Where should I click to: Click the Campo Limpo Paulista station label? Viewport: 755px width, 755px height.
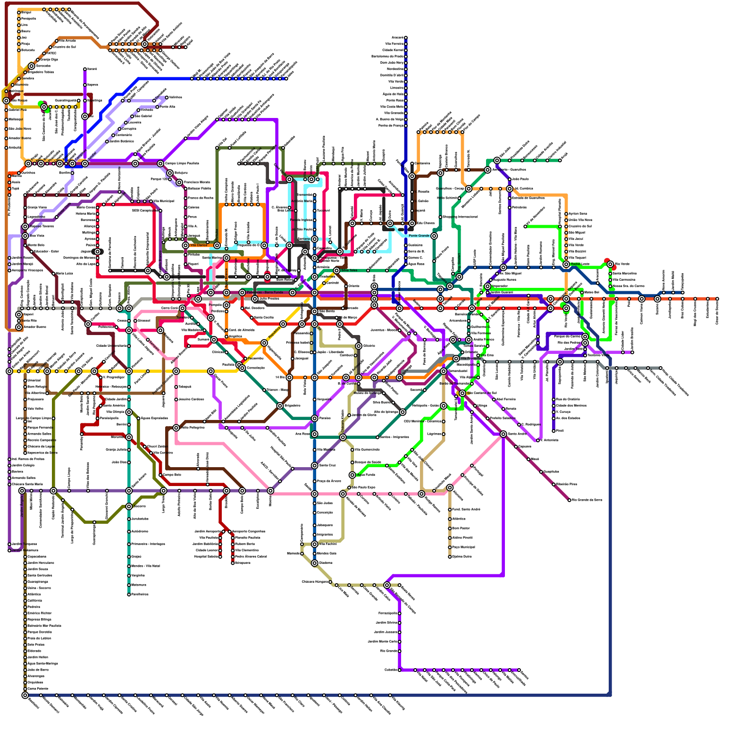[x=182, y=163]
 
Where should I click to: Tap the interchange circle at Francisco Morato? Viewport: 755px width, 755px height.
[x=179, y=182]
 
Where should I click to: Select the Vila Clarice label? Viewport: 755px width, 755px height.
[x=199, y=245]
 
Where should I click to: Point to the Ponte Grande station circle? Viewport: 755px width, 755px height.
[x=434, y=235]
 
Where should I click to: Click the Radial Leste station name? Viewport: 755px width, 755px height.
[x=580, y=264]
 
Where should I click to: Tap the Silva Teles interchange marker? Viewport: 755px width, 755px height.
[x=336, y=270]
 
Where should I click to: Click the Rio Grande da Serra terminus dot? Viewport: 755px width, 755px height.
[x=569, y=500]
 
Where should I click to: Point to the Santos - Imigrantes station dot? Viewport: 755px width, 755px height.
[x=377, y=437]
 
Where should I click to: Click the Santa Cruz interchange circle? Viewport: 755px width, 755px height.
[x=315, y=466]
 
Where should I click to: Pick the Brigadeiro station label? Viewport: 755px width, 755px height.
[x=293, y=406]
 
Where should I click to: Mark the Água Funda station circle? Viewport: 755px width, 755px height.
[x=352, y=475]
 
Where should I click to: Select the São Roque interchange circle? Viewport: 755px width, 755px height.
[x=6, y=101]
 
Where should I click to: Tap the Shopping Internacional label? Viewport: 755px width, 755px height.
[x=460, y=217]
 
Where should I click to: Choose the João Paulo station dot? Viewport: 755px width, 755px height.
[x=510, y=179]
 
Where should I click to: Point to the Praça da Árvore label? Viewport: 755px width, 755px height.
[x=329, y=481]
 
